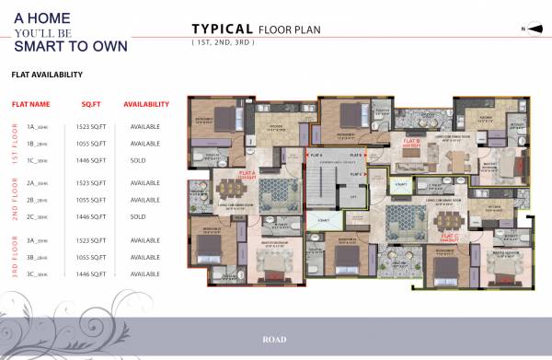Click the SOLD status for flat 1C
pos(138,161)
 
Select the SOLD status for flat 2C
pos(138,216)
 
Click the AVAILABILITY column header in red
pos(146,105)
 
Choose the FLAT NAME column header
pos(30,105)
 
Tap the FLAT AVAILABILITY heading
pos(47,75)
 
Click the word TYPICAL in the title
pos(222,29)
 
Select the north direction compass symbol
pos(534,29)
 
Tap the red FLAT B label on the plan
pos(411,143)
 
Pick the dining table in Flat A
pos(227,191)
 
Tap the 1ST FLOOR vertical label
pos(13,143)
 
